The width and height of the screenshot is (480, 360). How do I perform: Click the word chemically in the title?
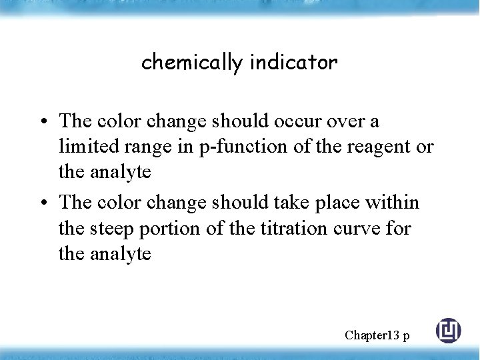coord(192,63)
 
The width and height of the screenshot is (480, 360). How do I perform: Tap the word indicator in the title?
coord(294,63)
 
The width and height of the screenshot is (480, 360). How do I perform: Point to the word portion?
coord(172,229)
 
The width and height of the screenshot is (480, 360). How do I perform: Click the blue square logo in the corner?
coord(448,331)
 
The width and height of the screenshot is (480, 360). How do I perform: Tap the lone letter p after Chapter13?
coord(405,336)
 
